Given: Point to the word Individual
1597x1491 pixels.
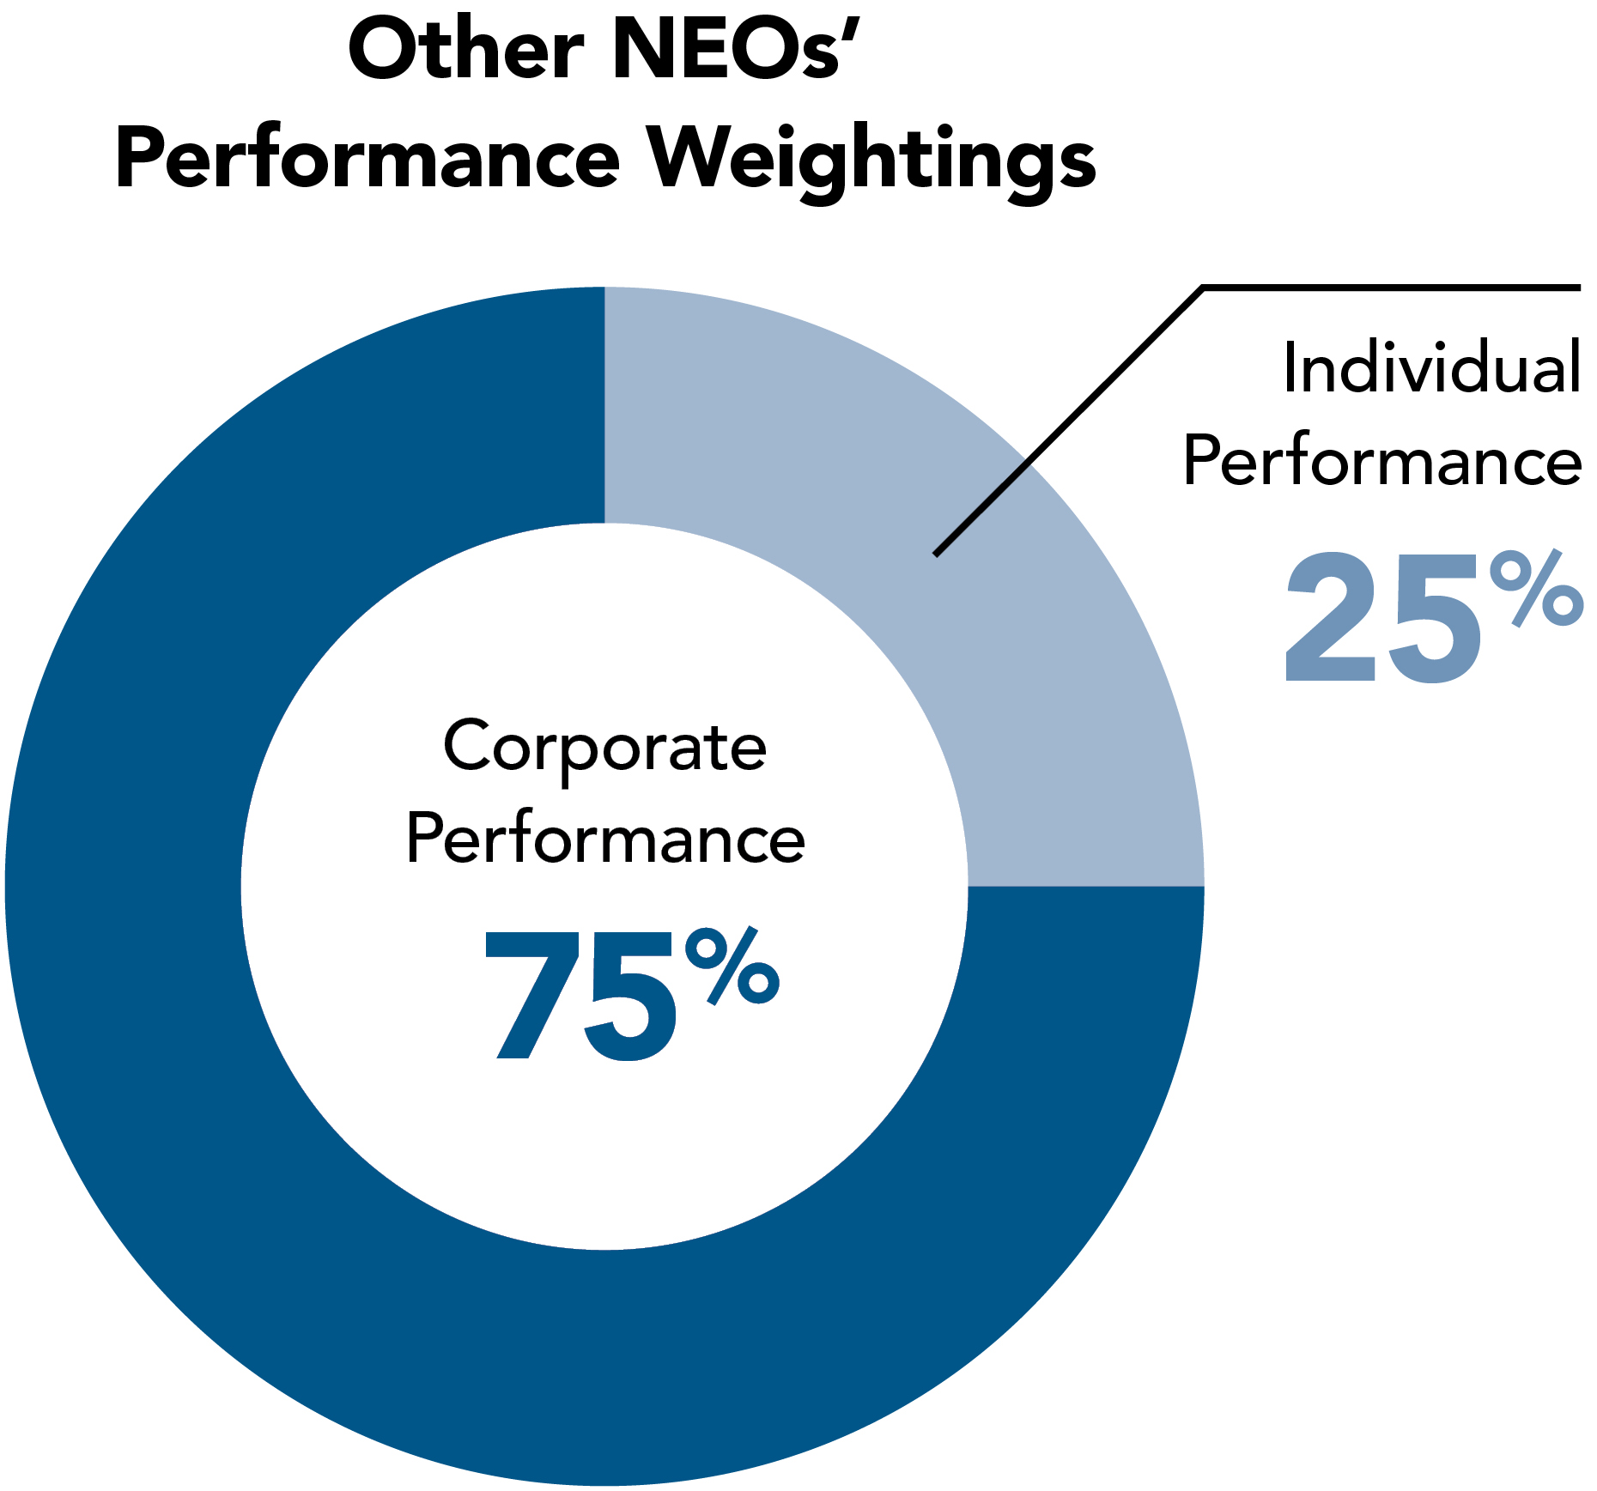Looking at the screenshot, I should click(x=1431, y=368).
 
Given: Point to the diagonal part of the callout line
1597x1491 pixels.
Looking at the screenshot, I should click(x=1069, y=421).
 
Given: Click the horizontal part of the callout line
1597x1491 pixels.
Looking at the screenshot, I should click(x=1391, y=288).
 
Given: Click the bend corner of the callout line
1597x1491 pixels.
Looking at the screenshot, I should click(x=1203, y=289).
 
